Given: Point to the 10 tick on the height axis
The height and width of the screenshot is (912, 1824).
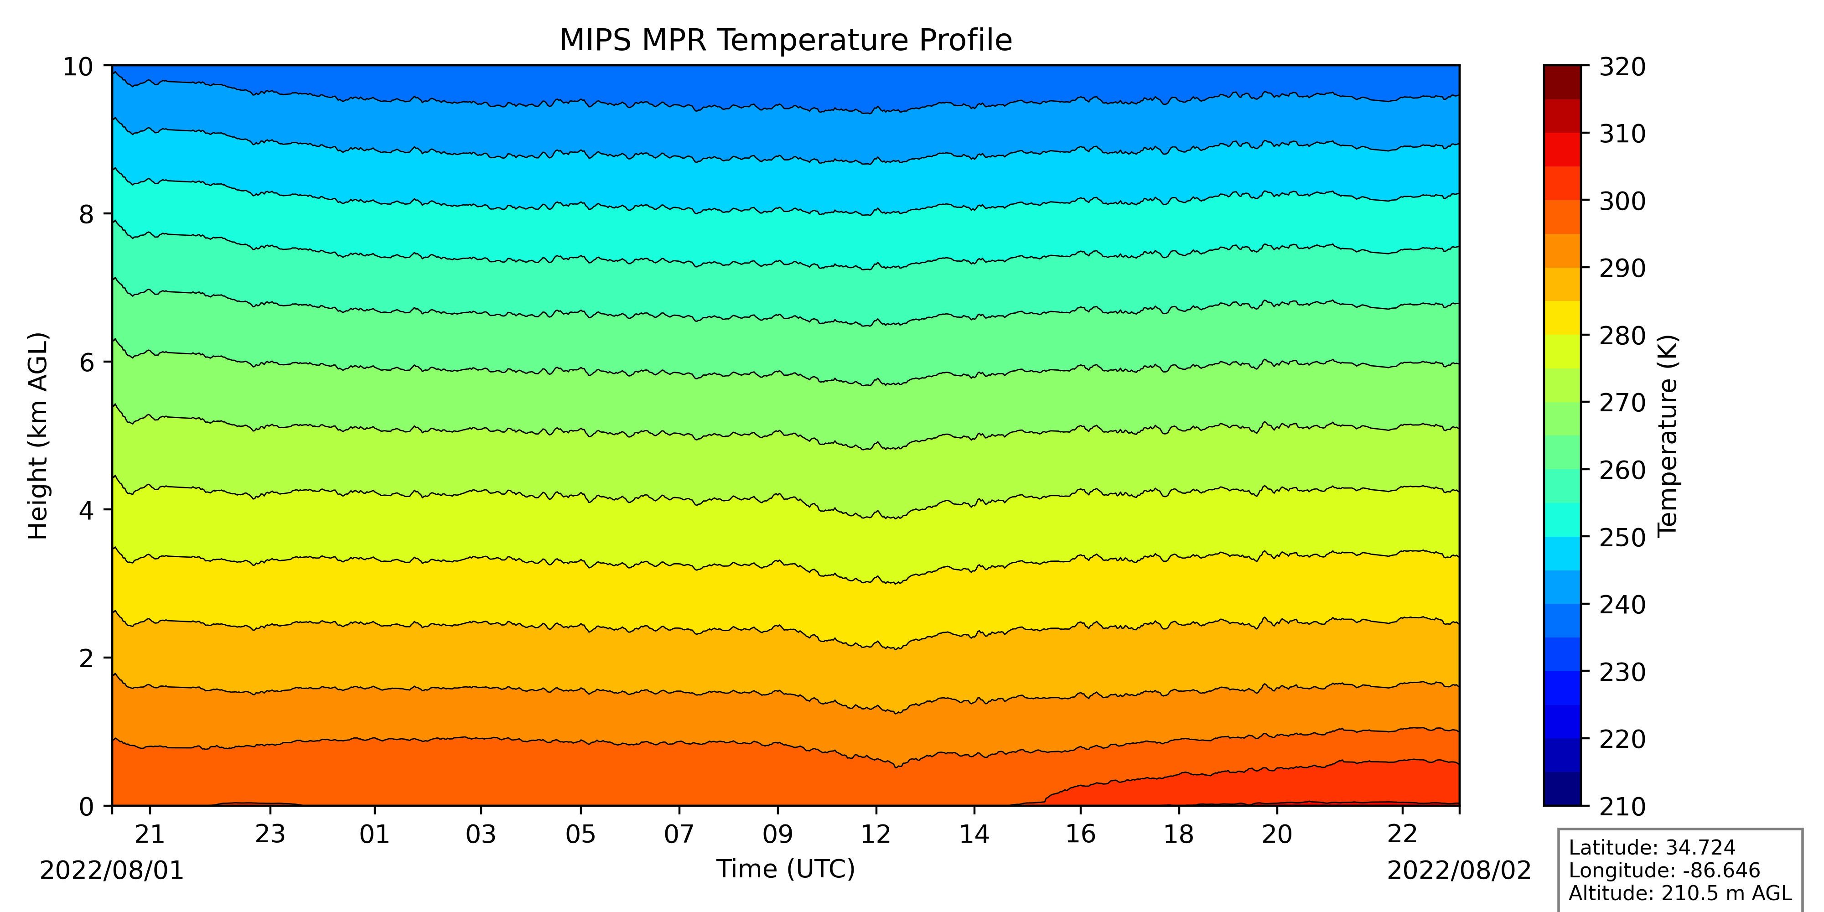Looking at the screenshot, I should pos(78,67).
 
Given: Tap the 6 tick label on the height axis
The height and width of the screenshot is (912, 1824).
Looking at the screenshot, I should pos(86,363).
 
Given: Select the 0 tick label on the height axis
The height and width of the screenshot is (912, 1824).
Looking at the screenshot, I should pos(86,807).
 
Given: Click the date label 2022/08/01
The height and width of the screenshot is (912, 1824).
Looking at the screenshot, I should pos(112,870).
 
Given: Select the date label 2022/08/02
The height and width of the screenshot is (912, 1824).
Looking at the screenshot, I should pos(1459,870).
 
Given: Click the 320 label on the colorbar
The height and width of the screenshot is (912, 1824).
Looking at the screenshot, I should pos(1622,67).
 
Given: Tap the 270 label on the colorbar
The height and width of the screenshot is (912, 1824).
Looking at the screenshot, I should pos(1622,403).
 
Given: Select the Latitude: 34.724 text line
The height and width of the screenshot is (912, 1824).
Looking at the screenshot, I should pos(1652,848).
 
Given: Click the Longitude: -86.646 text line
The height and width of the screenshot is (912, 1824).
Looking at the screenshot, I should pos(1664,870).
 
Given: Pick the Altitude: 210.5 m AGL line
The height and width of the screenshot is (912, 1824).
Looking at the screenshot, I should pos(1679,893).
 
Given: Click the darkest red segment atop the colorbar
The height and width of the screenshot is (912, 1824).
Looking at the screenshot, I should pos(1562,82).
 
